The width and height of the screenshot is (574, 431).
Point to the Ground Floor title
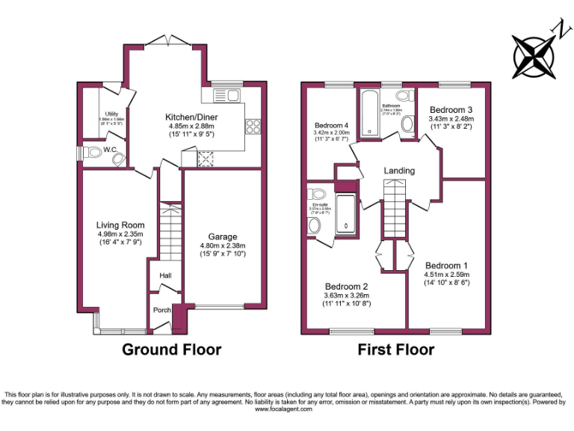171,349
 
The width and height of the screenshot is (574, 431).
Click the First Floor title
395,349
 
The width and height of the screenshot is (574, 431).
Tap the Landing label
399,171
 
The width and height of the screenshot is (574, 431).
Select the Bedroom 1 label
446,266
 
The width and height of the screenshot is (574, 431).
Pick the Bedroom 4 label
331,125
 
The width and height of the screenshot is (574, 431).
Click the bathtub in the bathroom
371,113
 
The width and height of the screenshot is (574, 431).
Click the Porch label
162,311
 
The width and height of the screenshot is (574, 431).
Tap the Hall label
165,276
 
